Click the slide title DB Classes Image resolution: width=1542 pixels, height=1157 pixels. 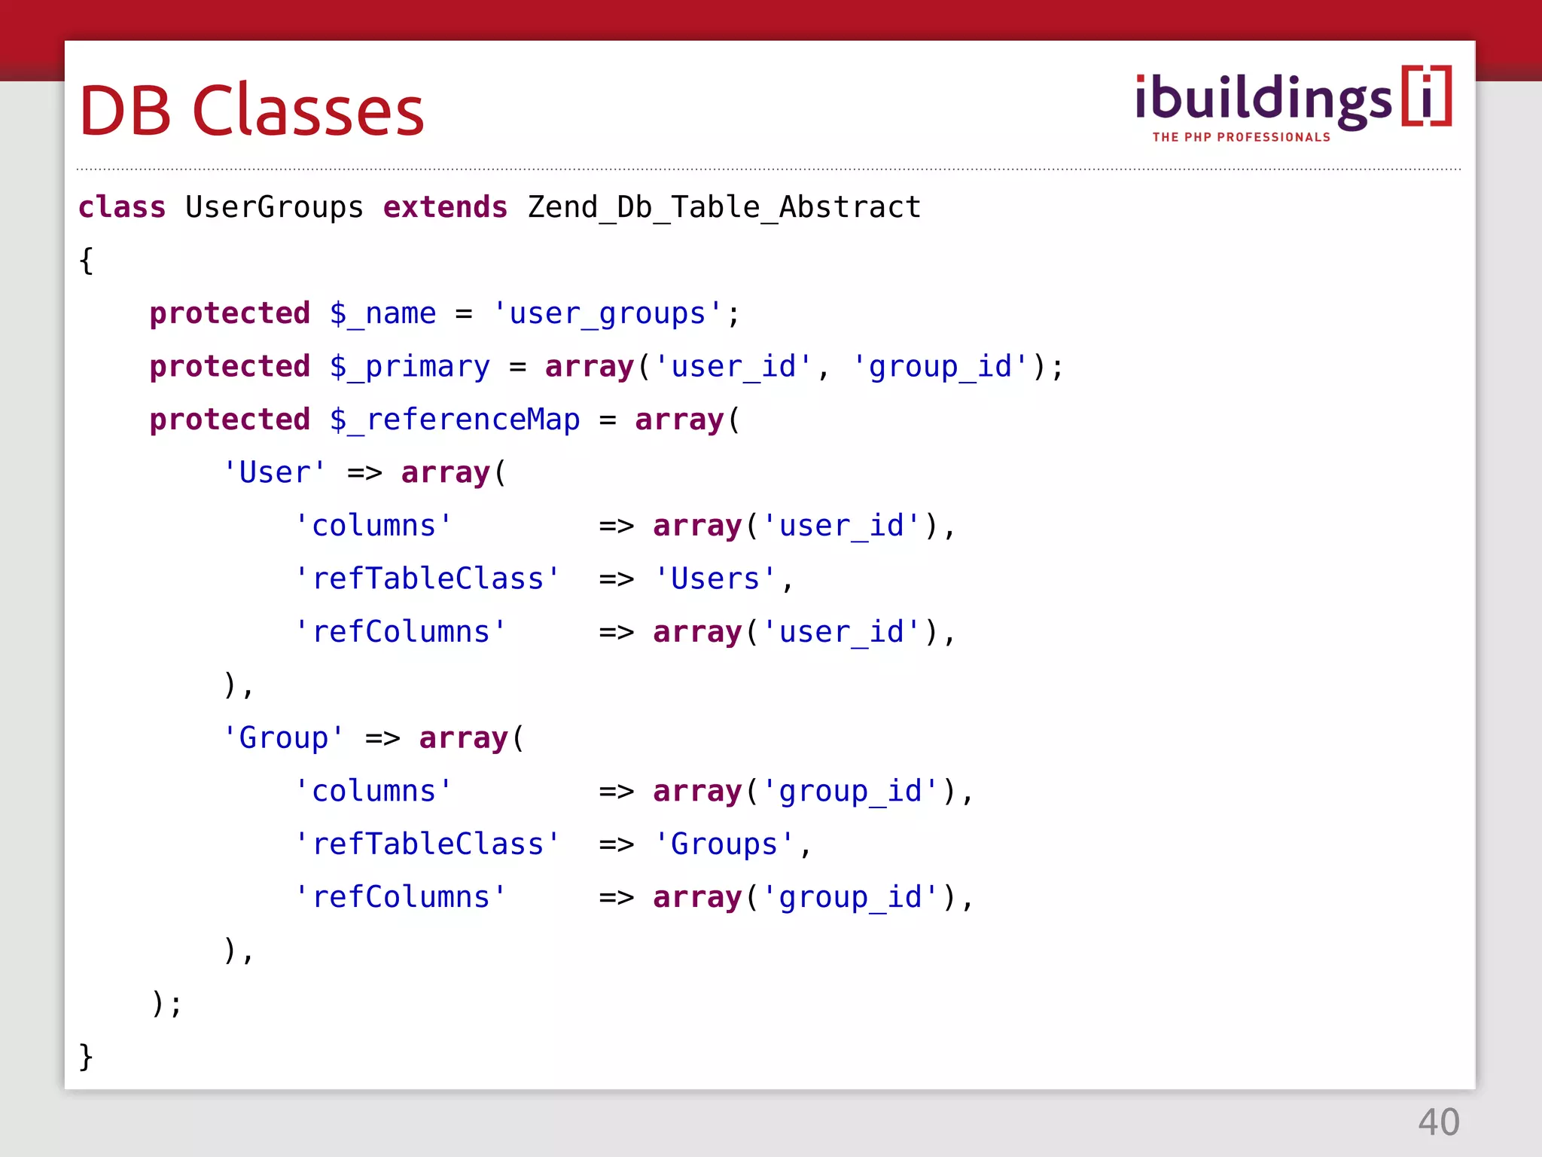[x=251, y=111]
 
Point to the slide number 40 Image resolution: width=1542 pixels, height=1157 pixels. [x=1438, y=1122]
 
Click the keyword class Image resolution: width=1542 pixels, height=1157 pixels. [x=122, y=207]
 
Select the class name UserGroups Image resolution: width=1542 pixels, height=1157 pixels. [x=274, y=207]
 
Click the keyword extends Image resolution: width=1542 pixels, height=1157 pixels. [x=445, y=207]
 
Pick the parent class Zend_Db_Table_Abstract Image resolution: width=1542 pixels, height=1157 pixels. [x=724, y=207]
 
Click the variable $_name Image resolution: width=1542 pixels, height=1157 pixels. [x=382, y=313]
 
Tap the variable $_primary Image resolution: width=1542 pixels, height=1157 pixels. [x=410, y=367]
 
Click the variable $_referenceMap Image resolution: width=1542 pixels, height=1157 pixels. [x=455, y=420]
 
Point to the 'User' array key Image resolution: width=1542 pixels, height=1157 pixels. [x=275, y=472]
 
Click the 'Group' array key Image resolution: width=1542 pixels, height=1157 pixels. [x=284, y=737]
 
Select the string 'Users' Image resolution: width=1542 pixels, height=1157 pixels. [x=715, y=578]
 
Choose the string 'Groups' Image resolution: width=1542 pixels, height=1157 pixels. [x=724, y=844]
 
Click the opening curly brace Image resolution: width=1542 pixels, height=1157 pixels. [x=87, y=261]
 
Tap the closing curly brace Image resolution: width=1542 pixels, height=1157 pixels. [x=87, y=1056]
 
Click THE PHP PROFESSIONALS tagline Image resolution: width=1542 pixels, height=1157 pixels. [x=1241, y=137]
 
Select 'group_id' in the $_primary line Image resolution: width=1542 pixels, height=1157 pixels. [x=940, y=367]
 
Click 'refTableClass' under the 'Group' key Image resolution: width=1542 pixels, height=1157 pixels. [x=428, y=844]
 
